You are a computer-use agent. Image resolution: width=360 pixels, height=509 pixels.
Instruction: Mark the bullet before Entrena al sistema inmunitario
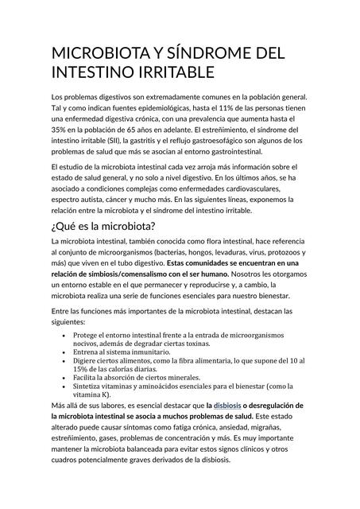click(64, 351)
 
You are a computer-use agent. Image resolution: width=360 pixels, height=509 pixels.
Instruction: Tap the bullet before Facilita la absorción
click(64, 378)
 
